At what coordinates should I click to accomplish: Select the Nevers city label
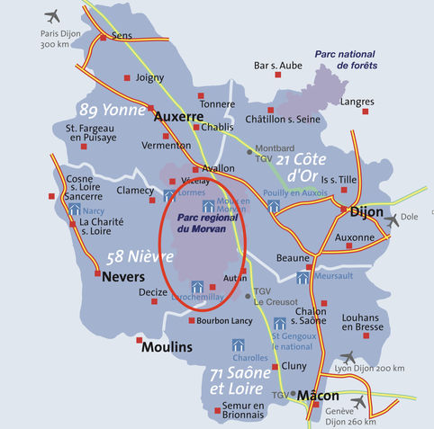pos(123,277)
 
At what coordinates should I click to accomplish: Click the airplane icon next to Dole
pos(391,220)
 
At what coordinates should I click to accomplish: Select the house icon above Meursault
pos(303,278)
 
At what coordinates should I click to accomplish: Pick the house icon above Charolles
pos(239,344)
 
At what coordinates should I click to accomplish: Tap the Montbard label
pos(276,147)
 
